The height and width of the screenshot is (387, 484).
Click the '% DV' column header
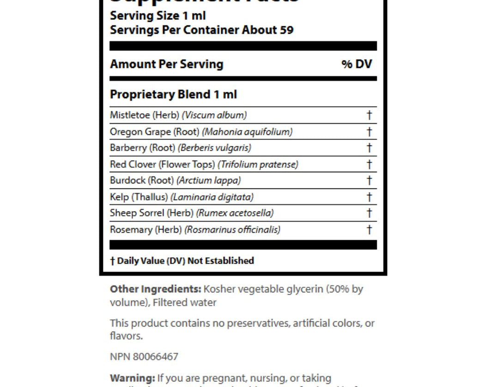click(357, 64)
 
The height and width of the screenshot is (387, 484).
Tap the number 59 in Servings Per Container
click(286, 30)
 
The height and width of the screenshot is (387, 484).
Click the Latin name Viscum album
click(214, 115)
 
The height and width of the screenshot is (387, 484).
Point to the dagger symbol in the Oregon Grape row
click(369, 132)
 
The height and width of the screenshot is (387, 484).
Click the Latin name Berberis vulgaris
click(215, 148)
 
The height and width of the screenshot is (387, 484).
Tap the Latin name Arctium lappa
click(209, 181)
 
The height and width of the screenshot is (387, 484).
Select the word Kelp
click(119, 197)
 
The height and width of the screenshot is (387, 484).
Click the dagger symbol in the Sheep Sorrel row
click(369, 213)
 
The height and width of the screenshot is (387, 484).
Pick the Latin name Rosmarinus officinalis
click(232, 230)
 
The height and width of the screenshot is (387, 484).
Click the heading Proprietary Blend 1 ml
click(173, 95)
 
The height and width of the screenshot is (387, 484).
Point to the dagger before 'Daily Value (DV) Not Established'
click(112, 261)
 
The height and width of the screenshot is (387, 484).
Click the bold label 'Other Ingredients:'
click(155, 290)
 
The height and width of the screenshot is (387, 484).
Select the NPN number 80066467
click(155, 357)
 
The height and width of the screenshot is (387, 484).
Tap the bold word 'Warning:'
click(132, 378)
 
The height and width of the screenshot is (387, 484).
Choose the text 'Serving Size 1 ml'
click(157, 16)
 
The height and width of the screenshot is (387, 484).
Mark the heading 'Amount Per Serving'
click(166, 64)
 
